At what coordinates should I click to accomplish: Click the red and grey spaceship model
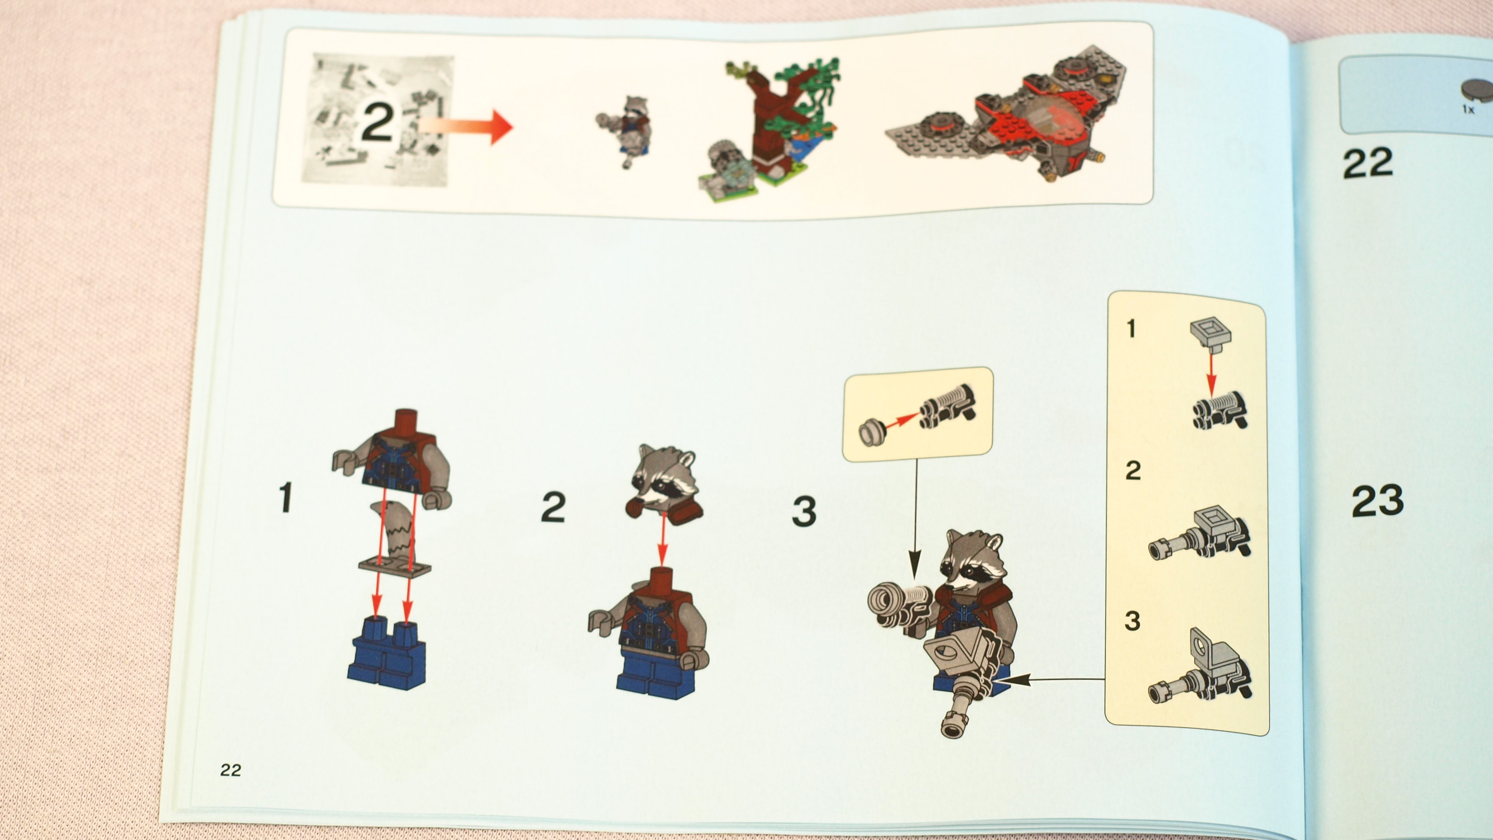point(1005,113)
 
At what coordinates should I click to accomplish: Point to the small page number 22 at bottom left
point(230,770)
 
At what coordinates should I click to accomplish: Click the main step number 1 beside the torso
point(285,498)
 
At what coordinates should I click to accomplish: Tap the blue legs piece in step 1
point(387,653)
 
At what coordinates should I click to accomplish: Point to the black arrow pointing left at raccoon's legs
point(1052,679)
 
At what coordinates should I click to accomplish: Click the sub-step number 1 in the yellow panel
point(1131,329)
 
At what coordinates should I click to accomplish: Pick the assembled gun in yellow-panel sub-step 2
point(1200,534)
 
